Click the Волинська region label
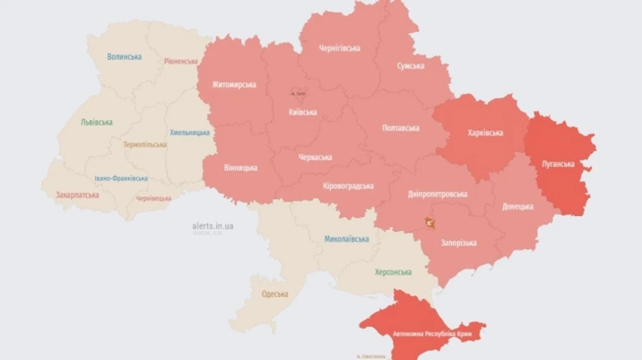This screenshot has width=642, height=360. (x=124, y=56)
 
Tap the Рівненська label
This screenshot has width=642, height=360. (x=180, y=61)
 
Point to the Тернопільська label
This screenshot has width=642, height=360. (x=145, y=144)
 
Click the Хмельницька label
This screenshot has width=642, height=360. (x=190, y=133)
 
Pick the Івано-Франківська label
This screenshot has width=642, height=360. (x=121, y=178)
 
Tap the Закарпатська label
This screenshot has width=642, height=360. (x=77, y=194)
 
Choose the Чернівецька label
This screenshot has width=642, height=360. (x=153, y=197)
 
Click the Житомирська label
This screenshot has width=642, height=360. (x=234, y=85)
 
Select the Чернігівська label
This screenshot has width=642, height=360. (x=340, y=48)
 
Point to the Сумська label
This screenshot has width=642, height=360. (x=410, y=66)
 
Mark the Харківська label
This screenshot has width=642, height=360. (x=485, y=133)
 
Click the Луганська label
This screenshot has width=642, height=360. (x=559, y=164)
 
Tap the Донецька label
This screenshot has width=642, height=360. (x=517, y=206)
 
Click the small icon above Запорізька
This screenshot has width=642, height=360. (x=429, y=223)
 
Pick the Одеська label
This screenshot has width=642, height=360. (x=275, y=294)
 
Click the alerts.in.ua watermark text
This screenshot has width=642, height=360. (x=213, y=226)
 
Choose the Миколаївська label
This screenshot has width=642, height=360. (x=347, y=239)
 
